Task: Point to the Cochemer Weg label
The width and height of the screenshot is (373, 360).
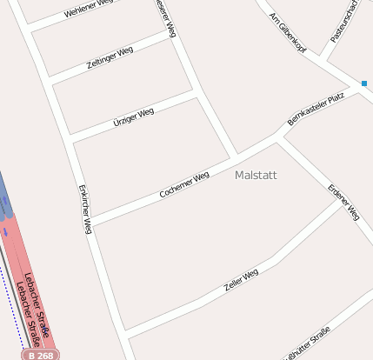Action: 184,184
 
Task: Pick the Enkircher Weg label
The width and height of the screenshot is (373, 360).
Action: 84,209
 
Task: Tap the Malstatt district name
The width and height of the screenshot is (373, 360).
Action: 256,175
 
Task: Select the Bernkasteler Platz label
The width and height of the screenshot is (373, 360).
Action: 323,109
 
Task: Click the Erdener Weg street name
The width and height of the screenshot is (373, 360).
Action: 343,201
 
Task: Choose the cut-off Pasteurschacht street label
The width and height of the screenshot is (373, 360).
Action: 344,22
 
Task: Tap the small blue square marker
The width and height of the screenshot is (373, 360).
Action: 364,83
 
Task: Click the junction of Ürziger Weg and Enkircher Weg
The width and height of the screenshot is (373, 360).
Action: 71,141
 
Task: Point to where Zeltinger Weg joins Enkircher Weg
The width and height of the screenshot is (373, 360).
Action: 50,83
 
